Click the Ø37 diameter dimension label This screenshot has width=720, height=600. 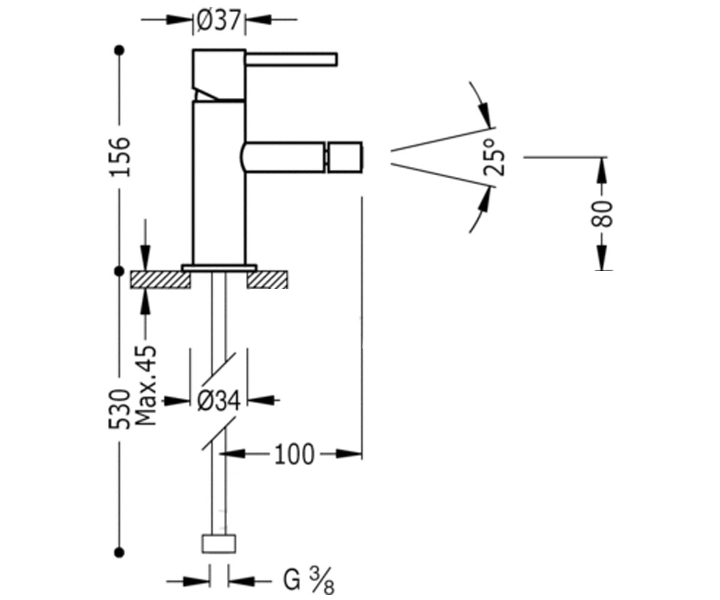pyautogui.click(x=218, y=20)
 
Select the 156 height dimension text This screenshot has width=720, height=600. pyautogui.click(x=119, y=157)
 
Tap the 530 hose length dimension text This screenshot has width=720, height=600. pyautogui.click(x=119, y=409)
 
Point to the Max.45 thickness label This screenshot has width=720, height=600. pyautogui.click(x=146, y=386)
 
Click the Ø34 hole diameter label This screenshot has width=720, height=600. pyautogui.click(x=218, y=401)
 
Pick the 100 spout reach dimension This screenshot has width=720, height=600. pyautogui.click(x=295, y=454)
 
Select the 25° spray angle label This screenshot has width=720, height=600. pyautogui.click(x=494, y=158)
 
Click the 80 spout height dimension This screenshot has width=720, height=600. pyautogui.click(x=602, y=214)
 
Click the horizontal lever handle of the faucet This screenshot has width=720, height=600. pyautogui.click(x=292, y=59)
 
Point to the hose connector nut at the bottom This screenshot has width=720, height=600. pyautogui.click(x=219, y=544)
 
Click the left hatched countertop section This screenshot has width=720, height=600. pyautogui.click(x=160, y=280)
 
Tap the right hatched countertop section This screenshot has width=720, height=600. pyautogui.click(x=267, y=280)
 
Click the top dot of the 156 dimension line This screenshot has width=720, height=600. pyautogui.click(x=119, y=50)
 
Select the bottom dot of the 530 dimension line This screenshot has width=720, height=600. pyautogui.click(x=119, y=553)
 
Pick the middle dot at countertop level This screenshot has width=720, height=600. pyautogui.click(x=119, y=271)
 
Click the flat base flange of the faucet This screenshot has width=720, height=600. pyautogui.click(x=220, y=268)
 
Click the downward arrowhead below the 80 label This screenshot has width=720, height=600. pyautogui.click(x=602, y=257)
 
